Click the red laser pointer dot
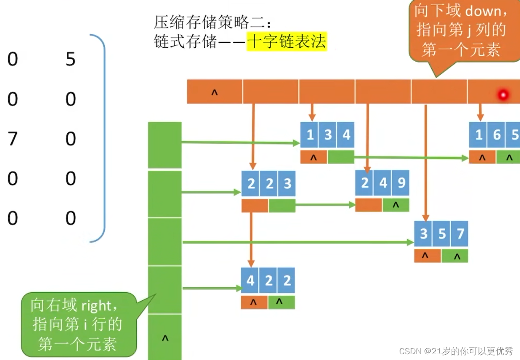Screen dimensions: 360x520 503,94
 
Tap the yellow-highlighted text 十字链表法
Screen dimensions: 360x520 286,42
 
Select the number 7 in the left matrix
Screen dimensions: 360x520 12,139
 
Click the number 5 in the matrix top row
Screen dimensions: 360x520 70,59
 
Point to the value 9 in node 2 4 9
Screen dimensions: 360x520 401,183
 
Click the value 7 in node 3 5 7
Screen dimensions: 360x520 460,234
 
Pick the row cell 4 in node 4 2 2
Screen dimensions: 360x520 251,280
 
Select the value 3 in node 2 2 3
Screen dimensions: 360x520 287,183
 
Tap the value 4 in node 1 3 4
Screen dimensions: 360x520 346,134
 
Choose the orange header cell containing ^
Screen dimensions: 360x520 215,92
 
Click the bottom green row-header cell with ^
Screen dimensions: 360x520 165,337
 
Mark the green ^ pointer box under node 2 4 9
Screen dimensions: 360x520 396,206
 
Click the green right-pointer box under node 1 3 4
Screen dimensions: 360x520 340,157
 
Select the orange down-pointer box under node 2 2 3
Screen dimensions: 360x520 255,206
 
